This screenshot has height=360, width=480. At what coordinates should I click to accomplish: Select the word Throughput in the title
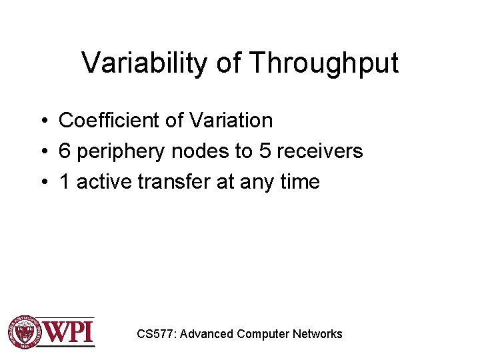click(x=323, y=63)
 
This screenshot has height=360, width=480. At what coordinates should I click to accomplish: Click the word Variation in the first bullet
click(x=231, y=121)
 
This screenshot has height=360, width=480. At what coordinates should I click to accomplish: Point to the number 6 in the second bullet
click(x=65, y=151)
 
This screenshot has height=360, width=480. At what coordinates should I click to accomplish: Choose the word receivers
click(x=319, y=151)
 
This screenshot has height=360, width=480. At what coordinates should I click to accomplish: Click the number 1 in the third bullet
click(x=64, y=182)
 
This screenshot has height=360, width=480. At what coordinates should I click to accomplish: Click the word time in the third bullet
click(x=299, y=182)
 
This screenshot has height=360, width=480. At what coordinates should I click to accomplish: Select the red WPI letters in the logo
click(x=69, y=331)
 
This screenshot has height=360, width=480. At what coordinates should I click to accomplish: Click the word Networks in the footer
click(x=317, y=334)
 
